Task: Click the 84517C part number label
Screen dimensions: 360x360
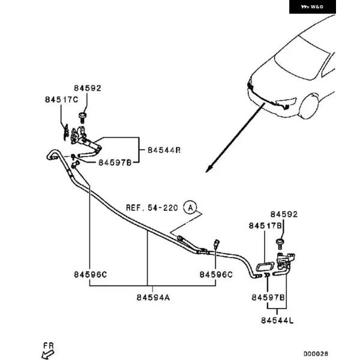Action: (x=61, y=99)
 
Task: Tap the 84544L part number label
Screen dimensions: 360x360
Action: (x=277, y=322)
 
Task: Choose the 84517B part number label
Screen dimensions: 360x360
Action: (x=265, y=226)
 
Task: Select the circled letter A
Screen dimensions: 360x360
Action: (x=190, y=208)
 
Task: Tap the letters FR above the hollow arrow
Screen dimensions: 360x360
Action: (x=49, y=345)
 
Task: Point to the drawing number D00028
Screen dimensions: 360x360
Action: (x=316, y=354)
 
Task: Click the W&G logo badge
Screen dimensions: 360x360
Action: (x=312, y=7)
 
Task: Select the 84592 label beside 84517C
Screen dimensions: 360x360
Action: (x=88, y=88)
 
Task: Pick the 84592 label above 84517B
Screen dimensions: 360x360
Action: (x=283, y=214)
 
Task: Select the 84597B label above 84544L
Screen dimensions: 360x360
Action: (x=268, y=298)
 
